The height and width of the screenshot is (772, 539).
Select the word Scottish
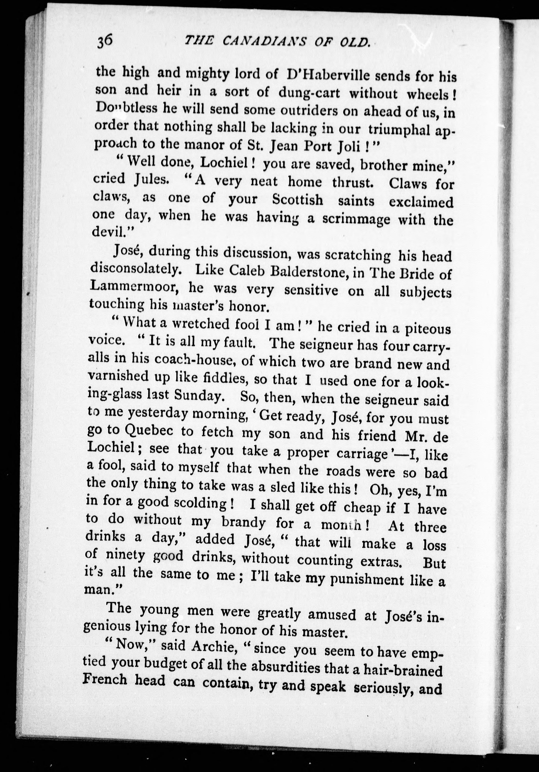pos(297,200)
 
